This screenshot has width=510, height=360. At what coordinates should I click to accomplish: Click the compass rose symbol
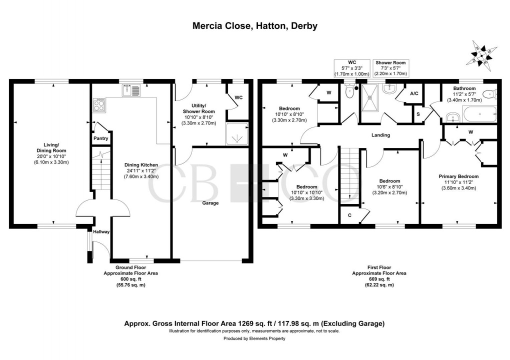(x=480, y=53)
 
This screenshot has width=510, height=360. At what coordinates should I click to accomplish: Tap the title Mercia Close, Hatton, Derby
(x=255, y=26)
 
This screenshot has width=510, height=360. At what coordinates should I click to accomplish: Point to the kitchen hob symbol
(x=99, y=104)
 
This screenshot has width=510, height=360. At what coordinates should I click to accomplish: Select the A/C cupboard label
(x=414, y=93)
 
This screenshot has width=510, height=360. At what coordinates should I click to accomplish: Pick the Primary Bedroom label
(x=458, y=176)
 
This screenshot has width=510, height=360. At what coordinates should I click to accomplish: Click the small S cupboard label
(x=418, y=114)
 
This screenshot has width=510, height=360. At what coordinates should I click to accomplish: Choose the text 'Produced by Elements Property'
(x=254, y=338)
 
